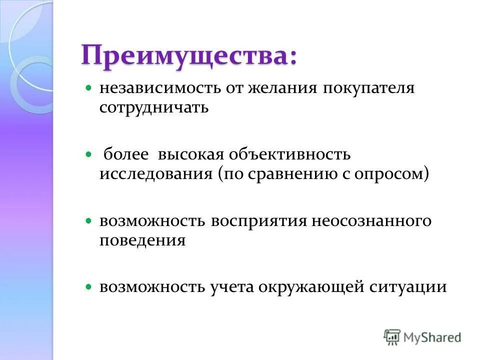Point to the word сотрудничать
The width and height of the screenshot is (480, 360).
coord(153,107)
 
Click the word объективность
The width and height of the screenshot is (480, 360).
coord(289,154)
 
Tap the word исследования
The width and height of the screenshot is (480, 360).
coord(156,174)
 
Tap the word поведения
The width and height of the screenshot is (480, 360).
coord(142,240)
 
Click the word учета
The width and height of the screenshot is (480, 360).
coord(231,287)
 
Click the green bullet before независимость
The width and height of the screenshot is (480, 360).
coord(89,87)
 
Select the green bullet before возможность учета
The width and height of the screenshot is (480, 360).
coord(89,287)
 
